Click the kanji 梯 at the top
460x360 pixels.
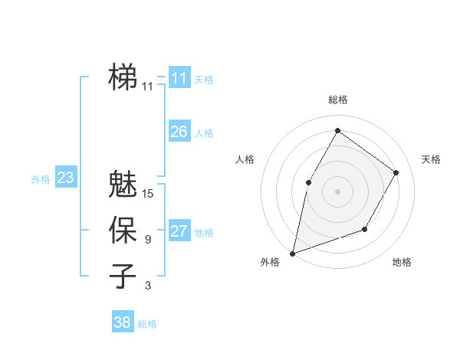(x=123, y=77)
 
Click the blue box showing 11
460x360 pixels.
(x=179, y=77)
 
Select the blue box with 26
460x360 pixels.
(x=179, y=132)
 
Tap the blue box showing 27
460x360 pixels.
(x=179, y=231)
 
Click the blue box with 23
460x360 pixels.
(x=65, y=178)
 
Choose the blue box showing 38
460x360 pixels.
(x=122, y=322)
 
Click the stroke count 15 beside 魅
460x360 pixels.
(x=148, y=194)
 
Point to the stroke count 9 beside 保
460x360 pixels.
(x=147, y=240)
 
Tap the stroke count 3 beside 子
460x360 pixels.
(x=147, y=286)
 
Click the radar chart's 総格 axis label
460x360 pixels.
(x=337, y=100)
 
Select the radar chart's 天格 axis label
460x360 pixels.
(x=431, y=159)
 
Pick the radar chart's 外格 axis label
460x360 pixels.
(x=269, y=262)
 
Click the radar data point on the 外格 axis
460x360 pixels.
(x=292, y=253)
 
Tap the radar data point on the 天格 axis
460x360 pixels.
(x=396, y=172)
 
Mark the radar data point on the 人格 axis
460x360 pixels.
(x=308, y=182)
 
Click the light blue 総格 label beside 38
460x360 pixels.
(x=147, y=324)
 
